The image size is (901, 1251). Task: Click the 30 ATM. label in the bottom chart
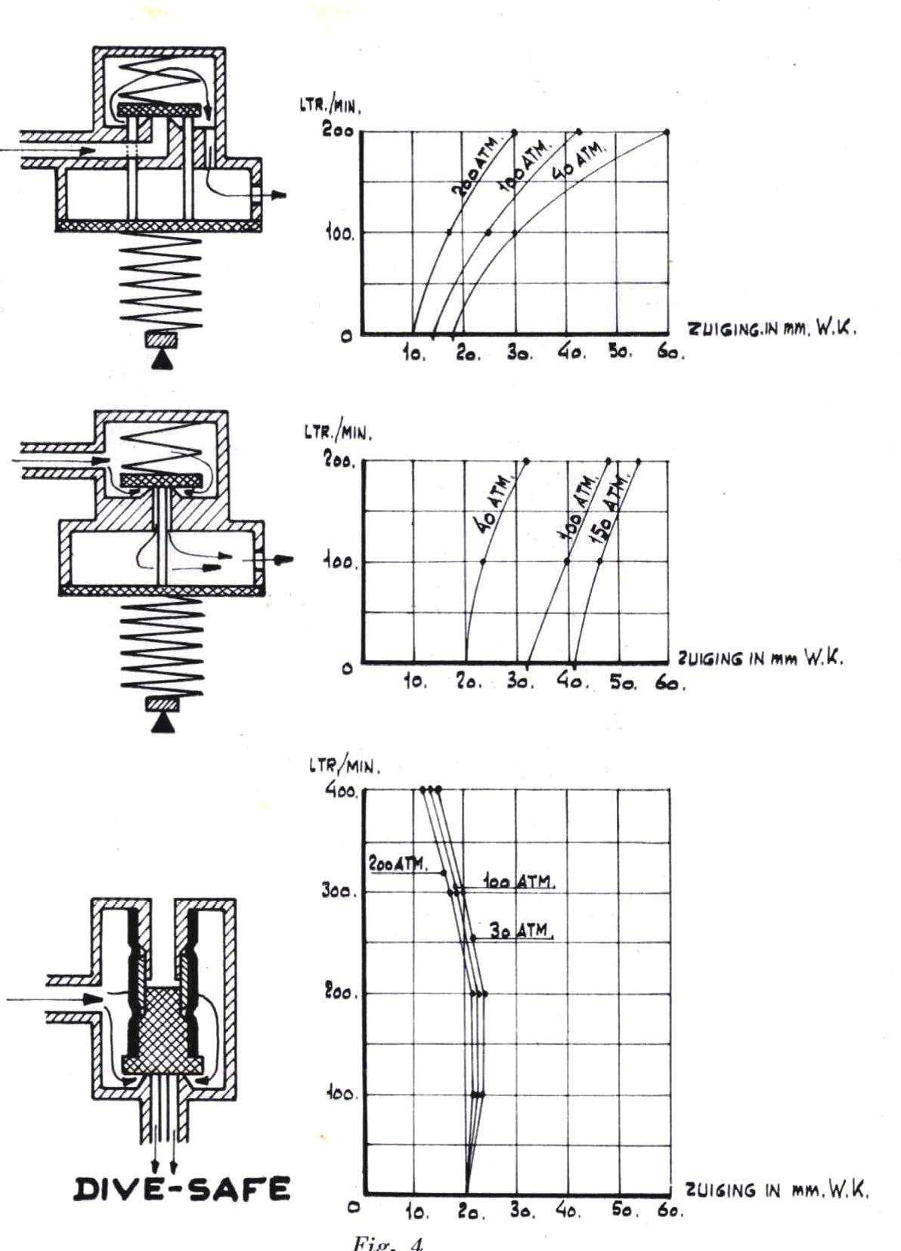point(521,931)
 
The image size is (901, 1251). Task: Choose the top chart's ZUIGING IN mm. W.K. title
point(772,329)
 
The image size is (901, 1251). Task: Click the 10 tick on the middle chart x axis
point(415,682)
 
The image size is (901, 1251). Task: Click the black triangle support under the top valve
point(161,362)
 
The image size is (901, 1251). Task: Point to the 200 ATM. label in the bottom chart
point(398,863)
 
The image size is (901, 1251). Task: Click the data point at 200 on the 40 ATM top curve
point(667,132)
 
